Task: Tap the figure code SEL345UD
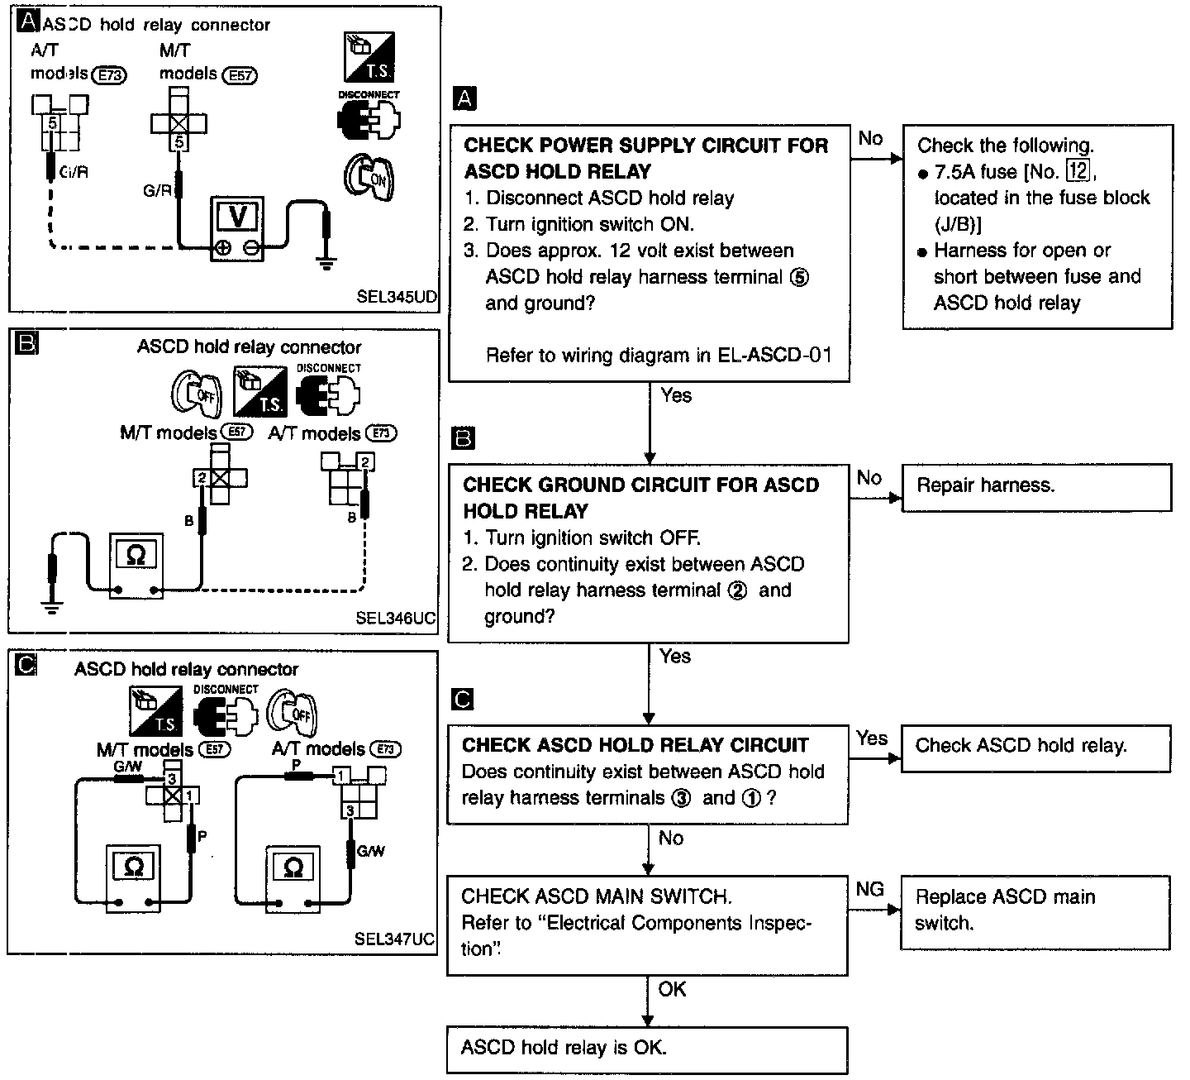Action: [397, 296]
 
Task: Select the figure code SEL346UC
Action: [395, 618]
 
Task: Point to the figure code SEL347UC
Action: [394, 939]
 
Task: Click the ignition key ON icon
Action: [369, 177]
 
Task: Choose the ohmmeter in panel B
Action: [136, 566]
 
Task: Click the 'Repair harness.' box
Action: [1036, 487]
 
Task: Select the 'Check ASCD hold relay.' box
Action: [1035, 748]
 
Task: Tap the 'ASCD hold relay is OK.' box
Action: [647, 1049]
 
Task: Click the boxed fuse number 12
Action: [1078, 171]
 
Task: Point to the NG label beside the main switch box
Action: [869, 889]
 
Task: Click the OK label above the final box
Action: [672, 989]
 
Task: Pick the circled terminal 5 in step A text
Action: [800, 277]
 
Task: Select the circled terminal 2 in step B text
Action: [737, 590]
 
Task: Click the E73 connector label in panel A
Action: [109, 75]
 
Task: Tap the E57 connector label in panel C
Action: [214, 749]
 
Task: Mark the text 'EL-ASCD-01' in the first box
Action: [774, 355]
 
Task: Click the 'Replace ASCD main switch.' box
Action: [1035, 913]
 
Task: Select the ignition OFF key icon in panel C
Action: [292, 713]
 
